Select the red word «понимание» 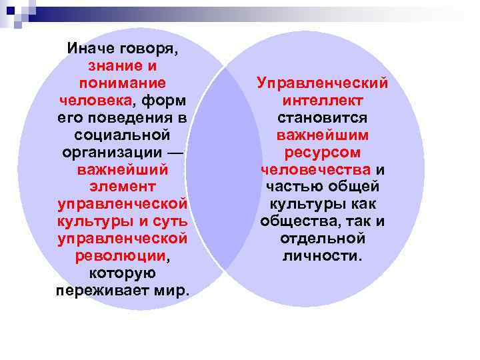coord(122,83)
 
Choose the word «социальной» coord(122,135)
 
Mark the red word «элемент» coord(122,187)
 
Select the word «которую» coord(122,273)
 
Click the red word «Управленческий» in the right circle coord(323,83)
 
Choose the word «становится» coord(323,118)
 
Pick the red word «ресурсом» coord(323,153)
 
